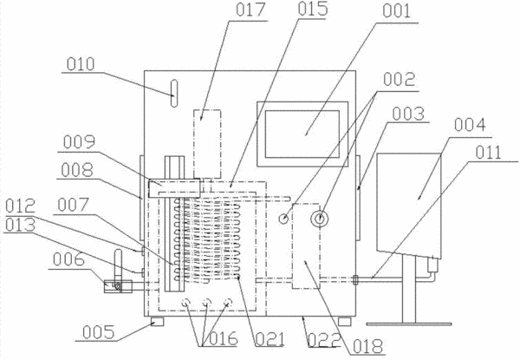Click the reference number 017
[250, 10]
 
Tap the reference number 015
[313, 9]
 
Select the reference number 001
[397, 11]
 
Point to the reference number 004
[470, 125]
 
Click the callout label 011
[488, 153]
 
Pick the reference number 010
[81, 64]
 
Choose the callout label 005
[98, 332]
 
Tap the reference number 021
[270, 339]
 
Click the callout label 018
[367, 347]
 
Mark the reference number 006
[68, 259]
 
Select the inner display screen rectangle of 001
[302, 134]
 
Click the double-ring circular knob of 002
[319, 218]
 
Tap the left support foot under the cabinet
[157, 321]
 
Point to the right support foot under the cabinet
[345, 321]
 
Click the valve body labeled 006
[118, 286]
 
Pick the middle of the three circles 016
[206, 302]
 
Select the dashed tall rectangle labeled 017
[207, 144]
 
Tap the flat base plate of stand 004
[409, 324]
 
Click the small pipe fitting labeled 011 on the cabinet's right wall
[355, 279]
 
